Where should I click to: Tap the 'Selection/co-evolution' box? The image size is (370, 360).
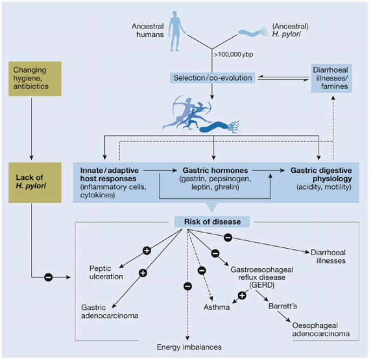[212, 79]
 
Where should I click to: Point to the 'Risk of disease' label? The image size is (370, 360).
[212, 222]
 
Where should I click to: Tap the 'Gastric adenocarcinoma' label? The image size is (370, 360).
[108, 311]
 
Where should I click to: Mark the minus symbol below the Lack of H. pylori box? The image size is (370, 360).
[47, 277]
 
